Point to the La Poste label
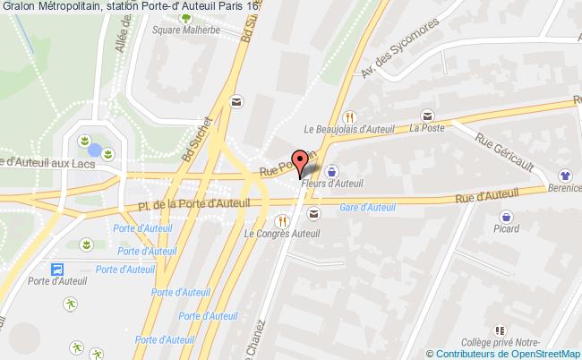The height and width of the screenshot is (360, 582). (x=427, y=128)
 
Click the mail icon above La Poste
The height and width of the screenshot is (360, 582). (x=428, y=114)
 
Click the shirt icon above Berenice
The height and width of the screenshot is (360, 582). (x=564, y=176)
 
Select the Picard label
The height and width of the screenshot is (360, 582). (x=507, y=229)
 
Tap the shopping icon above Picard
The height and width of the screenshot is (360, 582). (x=507, y=215)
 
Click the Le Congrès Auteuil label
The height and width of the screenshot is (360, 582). (x=281, y=235)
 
